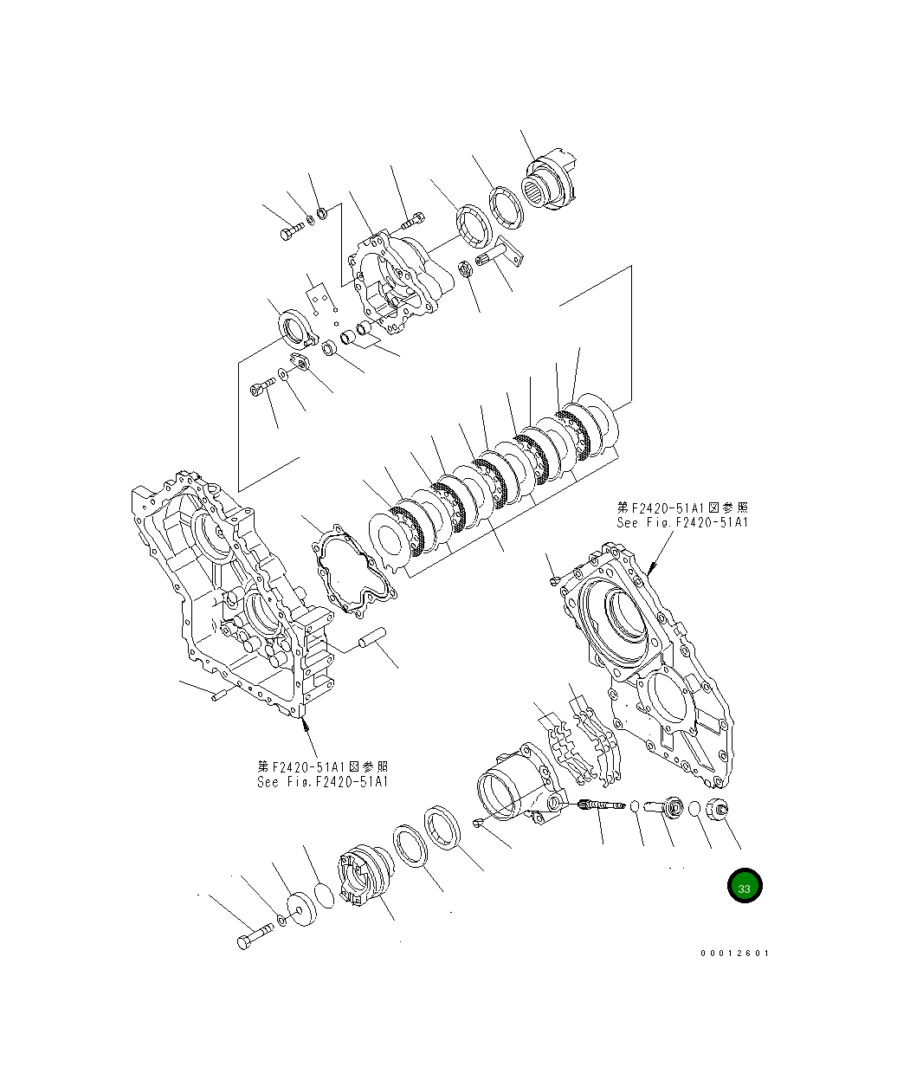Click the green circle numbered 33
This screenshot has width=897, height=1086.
[x=745, y=886]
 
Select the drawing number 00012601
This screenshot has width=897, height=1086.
[x=734, y=953]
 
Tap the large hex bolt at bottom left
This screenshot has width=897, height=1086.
[x=252, y=937]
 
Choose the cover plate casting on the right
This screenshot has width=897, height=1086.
[x=649, y=658]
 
